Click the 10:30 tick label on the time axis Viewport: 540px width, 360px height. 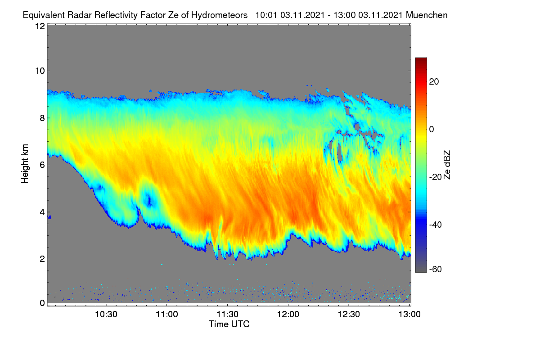point(106,315)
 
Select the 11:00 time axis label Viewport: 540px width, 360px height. point(167,315)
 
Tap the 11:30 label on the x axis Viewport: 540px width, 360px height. point(228,315)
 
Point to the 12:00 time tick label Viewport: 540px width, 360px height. point(288,315)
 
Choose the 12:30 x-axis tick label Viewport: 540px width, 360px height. point(349,315)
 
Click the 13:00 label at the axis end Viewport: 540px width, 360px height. point(409,315)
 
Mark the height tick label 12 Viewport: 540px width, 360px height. point(40,26)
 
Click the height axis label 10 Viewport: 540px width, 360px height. point(40,71)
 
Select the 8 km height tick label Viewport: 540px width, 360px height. point(42,118)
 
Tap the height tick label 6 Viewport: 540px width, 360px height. point(42,165)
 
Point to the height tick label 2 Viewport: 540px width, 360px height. point(42,259)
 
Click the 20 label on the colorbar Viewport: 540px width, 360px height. point(434,82)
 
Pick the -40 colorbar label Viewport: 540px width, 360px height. point(436,225)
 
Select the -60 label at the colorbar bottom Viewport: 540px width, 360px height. point(436,270)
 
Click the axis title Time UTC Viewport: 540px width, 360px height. point(229,324)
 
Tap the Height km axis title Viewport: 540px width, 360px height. point(25,164)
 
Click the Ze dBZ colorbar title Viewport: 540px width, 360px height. point(447,165)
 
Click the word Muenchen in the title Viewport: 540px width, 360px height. point(427,15)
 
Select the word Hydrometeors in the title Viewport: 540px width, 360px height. point(220,15)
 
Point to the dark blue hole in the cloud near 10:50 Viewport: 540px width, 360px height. point(149,200)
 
